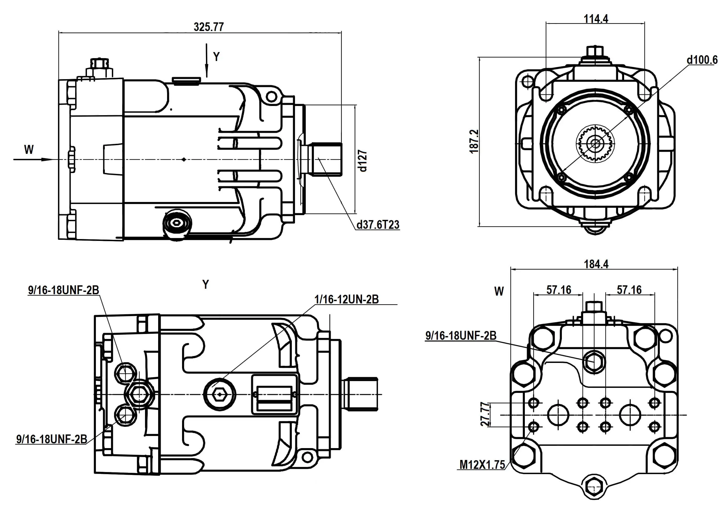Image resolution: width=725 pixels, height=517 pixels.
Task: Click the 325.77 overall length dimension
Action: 209,27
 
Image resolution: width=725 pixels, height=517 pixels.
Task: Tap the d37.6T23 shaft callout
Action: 378,225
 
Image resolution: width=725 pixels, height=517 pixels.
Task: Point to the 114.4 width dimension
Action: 595,19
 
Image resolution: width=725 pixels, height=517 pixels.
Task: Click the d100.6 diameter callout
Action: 702,60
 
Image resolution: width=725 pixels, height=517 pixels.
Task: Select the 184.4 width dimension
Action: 596,264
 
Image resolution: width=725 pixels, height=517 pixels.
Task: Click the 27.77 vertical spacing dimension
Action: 485,414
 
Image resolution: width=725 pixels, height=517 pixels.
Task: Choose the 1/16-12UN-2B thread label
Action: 346,299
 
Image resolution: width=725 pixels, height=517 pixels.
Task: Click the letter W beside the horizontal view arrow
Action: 29,149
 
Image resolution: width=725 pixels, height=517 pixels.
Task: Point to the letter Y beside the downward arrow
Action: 216,57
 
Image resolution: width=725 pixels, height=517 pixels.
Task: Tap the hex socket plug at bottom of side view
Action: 177,224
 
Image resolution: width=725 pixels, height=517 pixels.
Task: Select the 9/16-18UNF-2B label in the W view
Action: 461,336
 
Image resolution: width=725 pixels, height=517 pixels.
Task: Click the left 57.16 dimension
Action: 559,290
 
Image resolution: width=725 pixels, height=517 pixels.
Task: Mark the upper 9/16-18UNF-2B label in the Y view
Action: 64,290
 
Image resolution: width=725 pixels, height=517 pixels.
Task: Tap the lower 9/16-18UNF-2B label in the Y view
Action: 51,439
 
